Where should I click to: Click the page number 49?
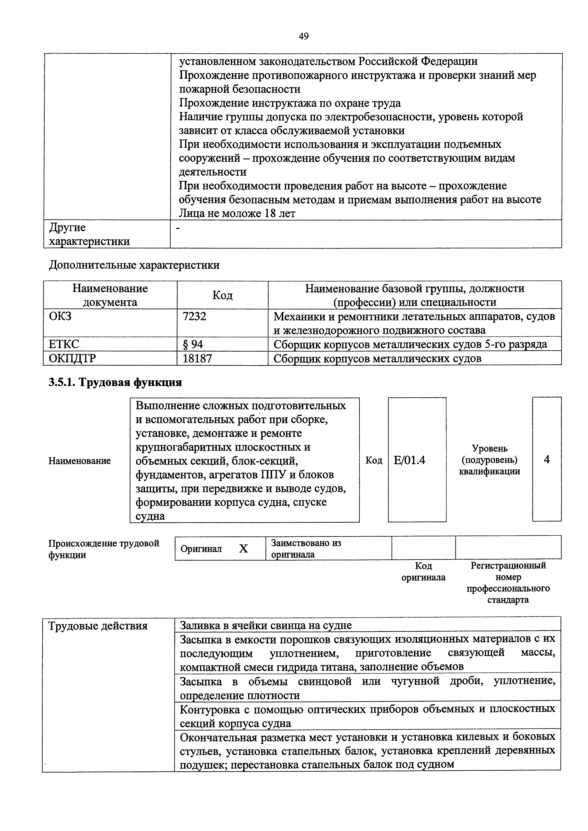304,36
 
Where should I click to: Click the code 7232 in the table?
195,316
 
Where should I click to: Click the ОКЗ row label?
60,316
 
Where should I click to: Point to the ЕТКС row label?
64,344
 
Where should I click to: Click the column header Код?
223,295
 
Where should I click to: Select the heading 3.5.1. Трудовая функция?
115,382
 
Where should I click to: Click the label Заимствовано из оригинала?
306,548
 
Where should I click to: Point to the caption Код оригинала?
423,571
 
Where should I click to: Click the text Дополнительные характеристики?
134,265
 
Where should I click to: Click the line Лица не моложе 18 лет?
237,214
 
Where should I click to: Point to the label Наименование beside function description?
79,461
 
